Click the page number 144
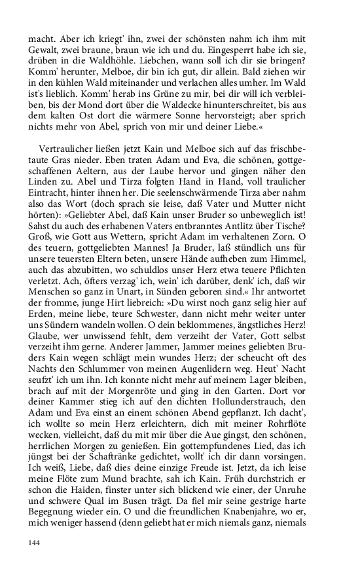35,543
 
